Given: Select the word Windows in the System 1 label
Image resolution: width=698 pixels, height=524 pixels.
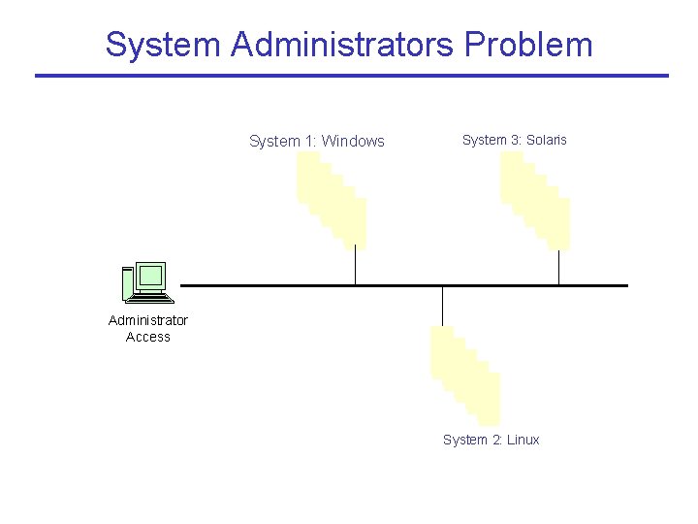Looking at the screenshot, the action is point(353,141).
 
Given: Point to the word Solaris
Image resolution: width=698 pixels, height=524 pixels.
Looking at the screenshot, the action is point(546,140).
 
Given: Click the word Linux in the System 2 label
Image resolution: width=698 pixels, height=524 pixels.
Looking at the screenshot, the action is point(523,440).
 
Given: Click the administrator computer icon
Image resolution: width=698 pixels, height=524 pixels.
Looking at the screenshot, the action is point(147,282).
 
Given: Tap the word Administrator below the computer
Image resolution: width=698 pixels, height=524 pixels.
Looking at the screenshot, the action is point(148,320).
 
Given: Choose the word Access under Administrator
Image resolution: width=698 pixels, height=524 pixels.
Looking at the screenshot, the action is point(148,337).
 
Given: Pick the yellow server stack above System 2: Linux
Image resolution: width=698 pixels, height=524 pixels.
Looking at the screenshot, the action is point(465,374).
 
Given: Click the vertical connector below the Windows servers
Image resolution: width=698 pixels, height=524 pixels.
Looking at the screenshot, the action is point(356,265).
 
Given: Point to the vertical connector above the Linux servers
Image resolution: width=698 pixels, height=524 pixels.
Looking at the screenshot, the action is point(443,306).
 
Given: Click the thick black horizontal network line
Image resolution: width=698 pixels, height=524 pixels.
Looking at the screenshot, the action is point(291,285).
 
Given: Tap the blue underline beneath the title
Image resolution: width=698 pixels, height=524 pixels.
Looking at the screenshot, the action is point(352,76).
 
